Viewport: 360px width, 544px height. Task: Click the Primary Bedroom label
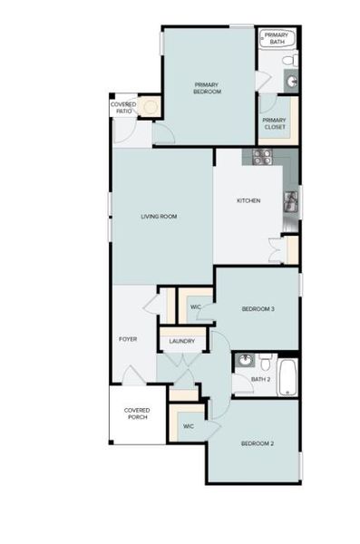(208, 88)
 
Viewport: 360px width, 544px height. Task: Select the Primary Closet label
(274, 123)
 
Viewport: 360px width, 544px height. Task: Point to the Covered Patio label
(123, 108)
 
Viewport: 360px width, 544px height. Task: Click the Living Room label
(158, 217)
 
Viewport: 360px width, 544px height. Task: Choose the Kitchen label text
(248, 200)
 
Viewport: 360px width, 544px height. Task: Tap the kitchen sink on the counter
(291, 202)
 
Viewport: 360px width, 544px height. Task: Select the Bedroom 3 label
(258, 310)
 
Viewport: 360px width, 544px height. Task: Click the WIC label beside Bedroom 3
(195, 308)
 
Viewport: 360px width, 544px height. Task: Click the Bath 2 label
(260, 379)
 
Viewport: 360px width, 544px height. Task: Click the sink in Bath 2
(243, 362)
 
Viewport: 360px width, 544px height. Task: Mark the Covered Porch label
(137, 413)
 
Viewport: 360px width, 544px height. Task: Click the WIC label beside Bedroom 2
(189, 425)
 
